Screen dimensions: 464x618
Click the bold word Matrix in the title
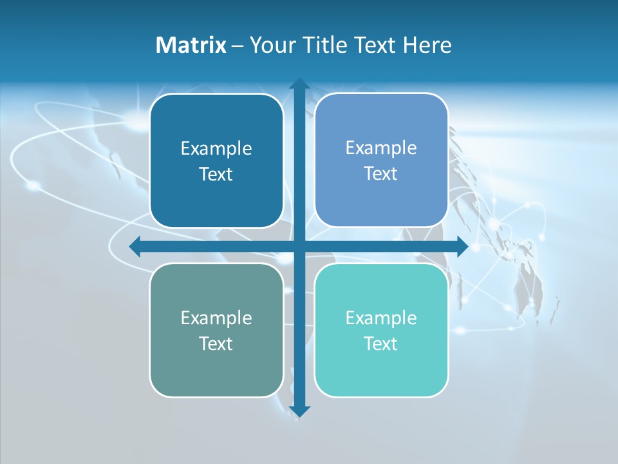tap(191, 45)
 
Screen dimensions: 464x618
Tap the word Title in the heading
tap(321, 45)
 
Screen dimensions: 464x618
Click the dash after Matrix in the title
tap(238, 46)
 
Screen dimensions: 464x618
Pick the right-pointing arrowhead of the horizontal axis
tap(462, 246)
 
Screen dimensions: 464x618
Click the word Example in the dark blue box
tap(216, 148)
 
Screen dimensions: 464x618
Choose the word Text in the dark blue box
tap(216, 174)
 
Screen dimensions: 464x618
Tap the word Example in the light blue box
tap(381, 148)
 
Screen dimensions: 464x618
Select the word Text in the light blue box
tap(380, 173)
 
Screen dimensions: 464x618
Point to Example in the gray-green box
tap(216, 318)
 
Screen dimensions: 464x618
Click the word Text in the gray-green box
tap(216, 343)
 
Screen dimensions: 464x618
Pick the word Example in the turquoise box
tap(381, 318)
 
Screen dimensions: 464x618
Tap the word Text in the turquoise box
tap(380, 343)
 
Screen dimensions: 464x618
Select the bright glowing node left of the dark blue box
tap(135, 119)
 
